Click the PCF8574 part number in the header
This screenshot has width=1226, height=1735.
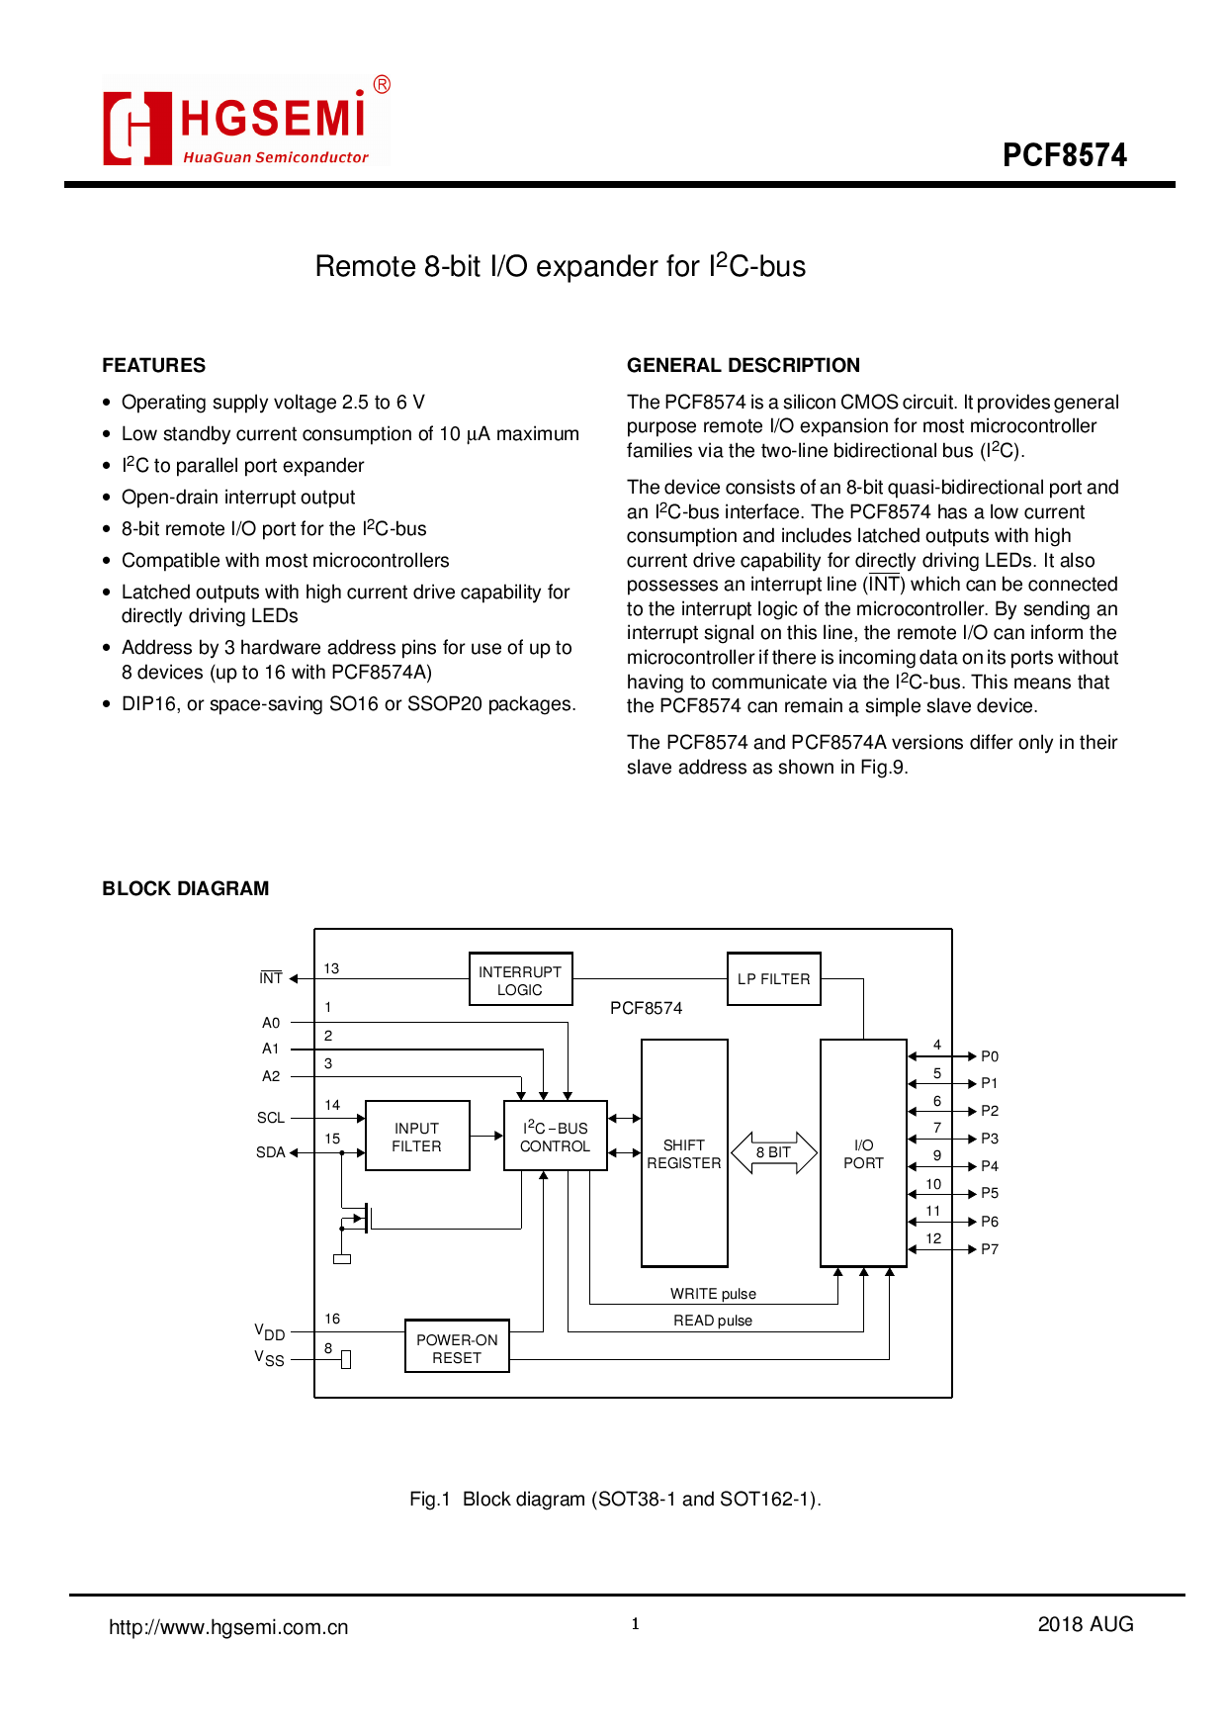click(1064, 155)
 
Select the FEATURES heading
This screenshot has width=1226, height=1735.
click(154, 365)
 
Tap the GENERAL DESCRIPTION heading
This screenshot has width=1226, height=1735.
click(743, 365)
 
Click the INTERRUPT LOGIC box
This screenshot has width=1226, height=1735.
click(520, 979)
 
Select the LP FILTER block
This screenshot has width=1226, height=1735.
click(773, 978)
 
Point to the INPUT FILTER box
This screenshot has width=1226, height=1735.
click(417, 1136)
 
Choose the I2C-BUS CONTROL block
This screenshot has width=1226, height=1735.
click(555, 1136)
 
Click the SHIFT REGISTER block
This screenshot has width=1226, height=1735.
click(684, 1153)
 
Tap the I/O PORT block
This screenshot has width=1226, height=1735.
click(863, 1153)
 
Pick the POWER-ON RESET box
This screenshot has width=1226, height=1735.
click(457, 1347)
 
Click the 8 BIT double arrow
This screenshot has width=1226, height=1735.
click(773, 1152)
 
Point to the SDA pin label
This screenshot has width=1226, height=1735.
click(270, 1152)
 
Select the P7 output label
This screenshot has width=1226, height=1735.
click(990, 1249)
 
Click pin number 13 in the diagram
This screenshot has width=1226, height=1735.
click(331, 968)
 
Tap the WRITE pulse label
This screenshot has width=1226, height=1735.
click(713, 1294)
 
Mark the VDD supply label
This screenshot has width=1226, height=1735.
click(269, 1332)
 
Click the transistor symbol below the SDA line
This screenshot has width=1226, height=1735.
click(361, 1218)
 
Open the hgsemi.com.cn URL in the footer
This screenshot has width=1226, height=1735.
click(228, 1627)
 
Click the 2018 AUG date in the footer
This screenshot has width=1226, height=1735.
click(1085, 1624)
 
